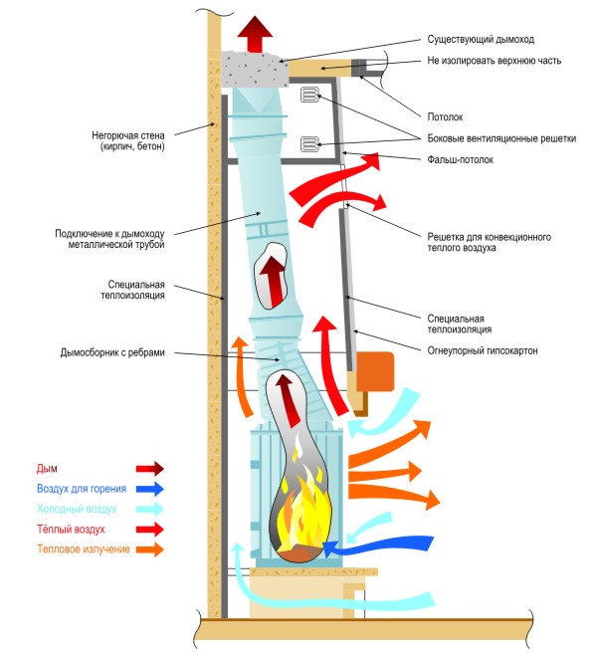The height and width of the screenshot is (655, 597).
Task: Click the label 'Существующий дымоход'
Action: click(481, 40)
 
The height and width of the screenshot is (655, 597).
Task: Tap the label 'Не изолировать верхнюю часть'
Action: click(494, 61)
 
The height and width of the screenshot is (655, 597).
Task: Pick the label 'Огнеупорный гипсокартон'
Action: click(485, 349)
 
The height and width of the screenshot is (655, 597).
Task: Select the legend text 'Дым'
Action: click(46, 467)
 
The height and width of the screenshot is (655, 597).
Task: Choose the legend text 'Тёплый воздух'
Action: click(71, 529)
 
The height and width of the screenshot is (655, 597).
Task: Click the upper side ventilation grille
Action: click(309, 95)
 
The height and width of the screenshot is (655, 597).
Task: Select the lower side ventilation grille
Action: click(310, 144)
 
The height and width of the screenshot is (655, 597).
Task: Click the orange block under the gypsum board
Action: click(374, 371)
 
